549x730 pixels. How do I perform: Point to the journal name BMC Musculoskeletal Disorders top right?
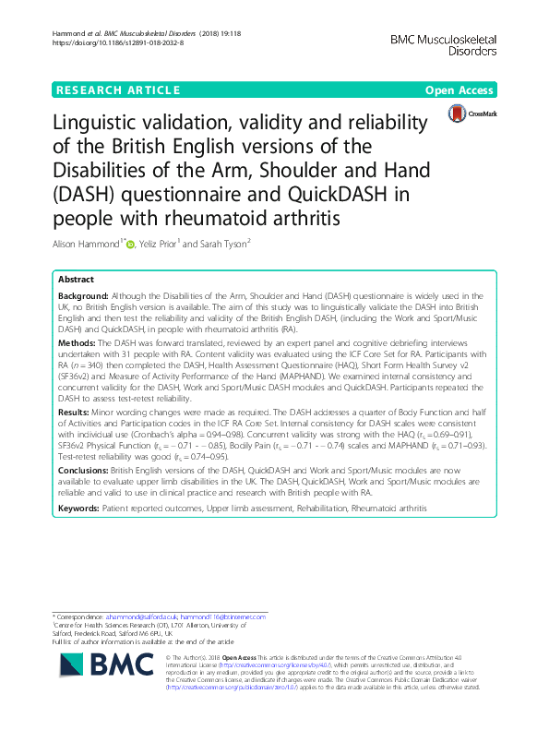pos(444,45)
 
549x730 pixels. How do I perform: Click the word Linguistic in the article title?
pos(103,124)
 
